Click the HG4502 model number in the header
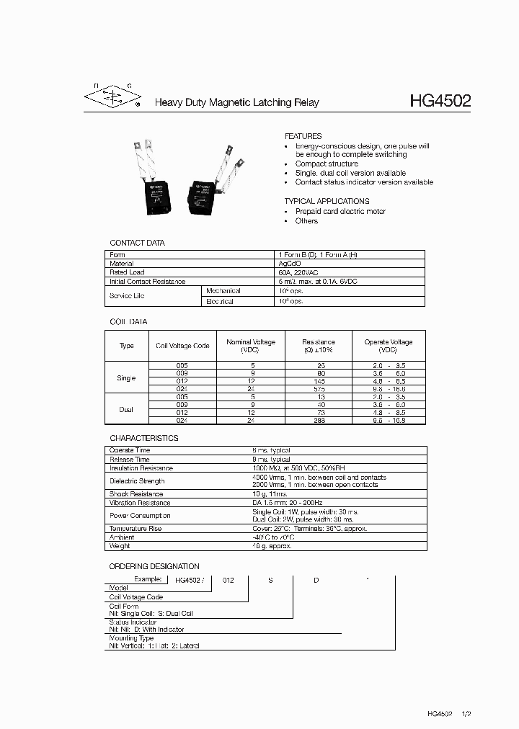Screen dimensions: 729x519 (440, 101)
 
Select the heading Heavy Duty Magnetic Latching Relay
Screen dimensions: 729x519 (237, 103)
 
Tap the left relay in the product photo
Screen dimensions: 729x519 (154, 180)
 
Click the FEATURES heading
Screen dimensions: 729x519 (303, 136)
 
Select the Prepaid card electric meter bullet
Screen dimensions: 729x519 (340, 212)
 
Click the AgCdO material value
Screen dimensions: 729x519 (290, 264)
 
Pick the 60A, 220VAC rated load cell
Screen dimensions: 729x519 (301, 272)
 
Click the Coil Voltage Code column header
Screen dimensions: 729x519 (182, 346)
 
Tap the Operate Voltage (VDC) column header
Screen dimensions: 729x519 (388, 346)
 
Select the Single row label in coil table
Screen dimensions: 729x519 (126, 377)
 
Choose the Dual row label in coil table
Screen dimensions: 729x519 (126, 409)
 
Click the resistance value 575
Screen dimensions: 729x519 (319, 388)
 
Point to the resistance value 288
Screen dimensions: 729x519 (319, 420)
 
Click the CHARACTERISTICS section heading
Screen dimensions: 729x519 (143, 438)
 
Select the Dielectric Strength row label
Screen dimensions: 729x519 (137, 481)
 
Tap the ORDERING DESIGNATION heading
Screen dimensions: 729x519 (154, 566)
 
